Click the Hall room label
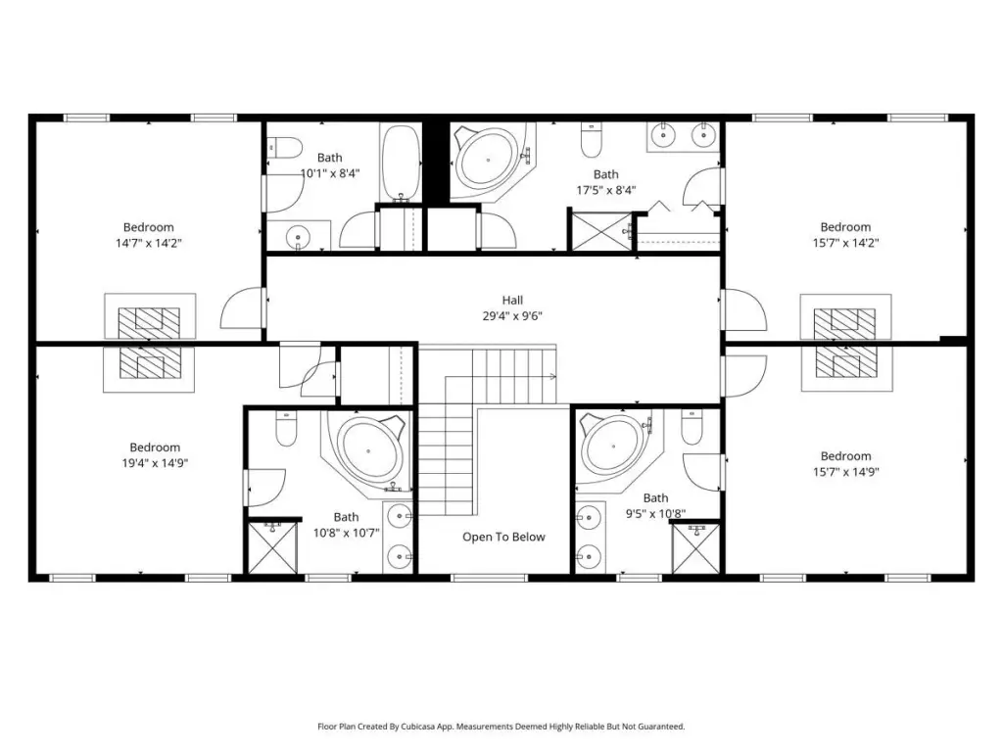pos(512,300)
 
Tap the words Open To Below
pos(504,538)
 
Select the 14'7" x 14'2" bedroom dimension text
pos(149,243)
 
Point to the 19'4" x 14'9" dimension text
pos(155,463)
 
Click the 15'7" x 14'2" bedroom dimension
pos(845,243)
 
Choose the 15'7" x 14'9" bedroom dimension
pos(845,472)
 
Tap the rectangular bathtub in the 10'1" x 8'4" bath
pos(401,163)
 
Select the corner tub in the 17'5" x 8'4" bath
pos(491,161)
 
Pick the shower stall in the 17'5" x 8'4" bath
pos(601,231)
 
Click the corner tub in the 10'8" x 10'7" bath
pos(368,450)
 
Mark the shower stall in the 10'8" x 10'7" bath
pos(272,547)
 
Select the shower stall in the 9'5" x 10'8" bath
pos(696,548)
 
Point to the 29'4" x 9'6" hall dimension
pos(512,316)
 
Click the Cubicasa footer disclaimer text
pos(501,727)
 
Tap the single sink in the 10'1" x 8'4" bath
pos(298,237)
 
